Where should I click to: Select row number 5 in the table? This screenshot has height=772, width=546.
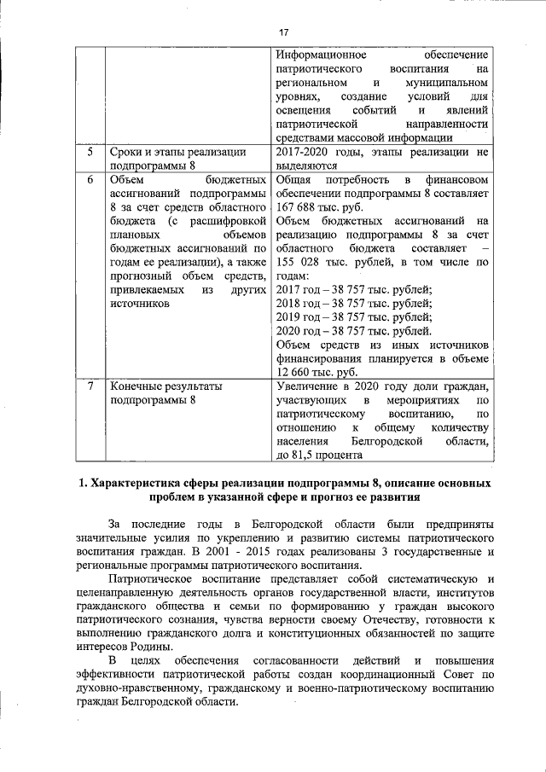point(90,153)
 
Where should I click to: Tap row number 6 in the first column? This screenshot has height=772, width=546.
point(90,181)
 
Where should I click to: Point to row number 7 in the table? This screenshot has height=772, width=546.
point(90,386)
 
